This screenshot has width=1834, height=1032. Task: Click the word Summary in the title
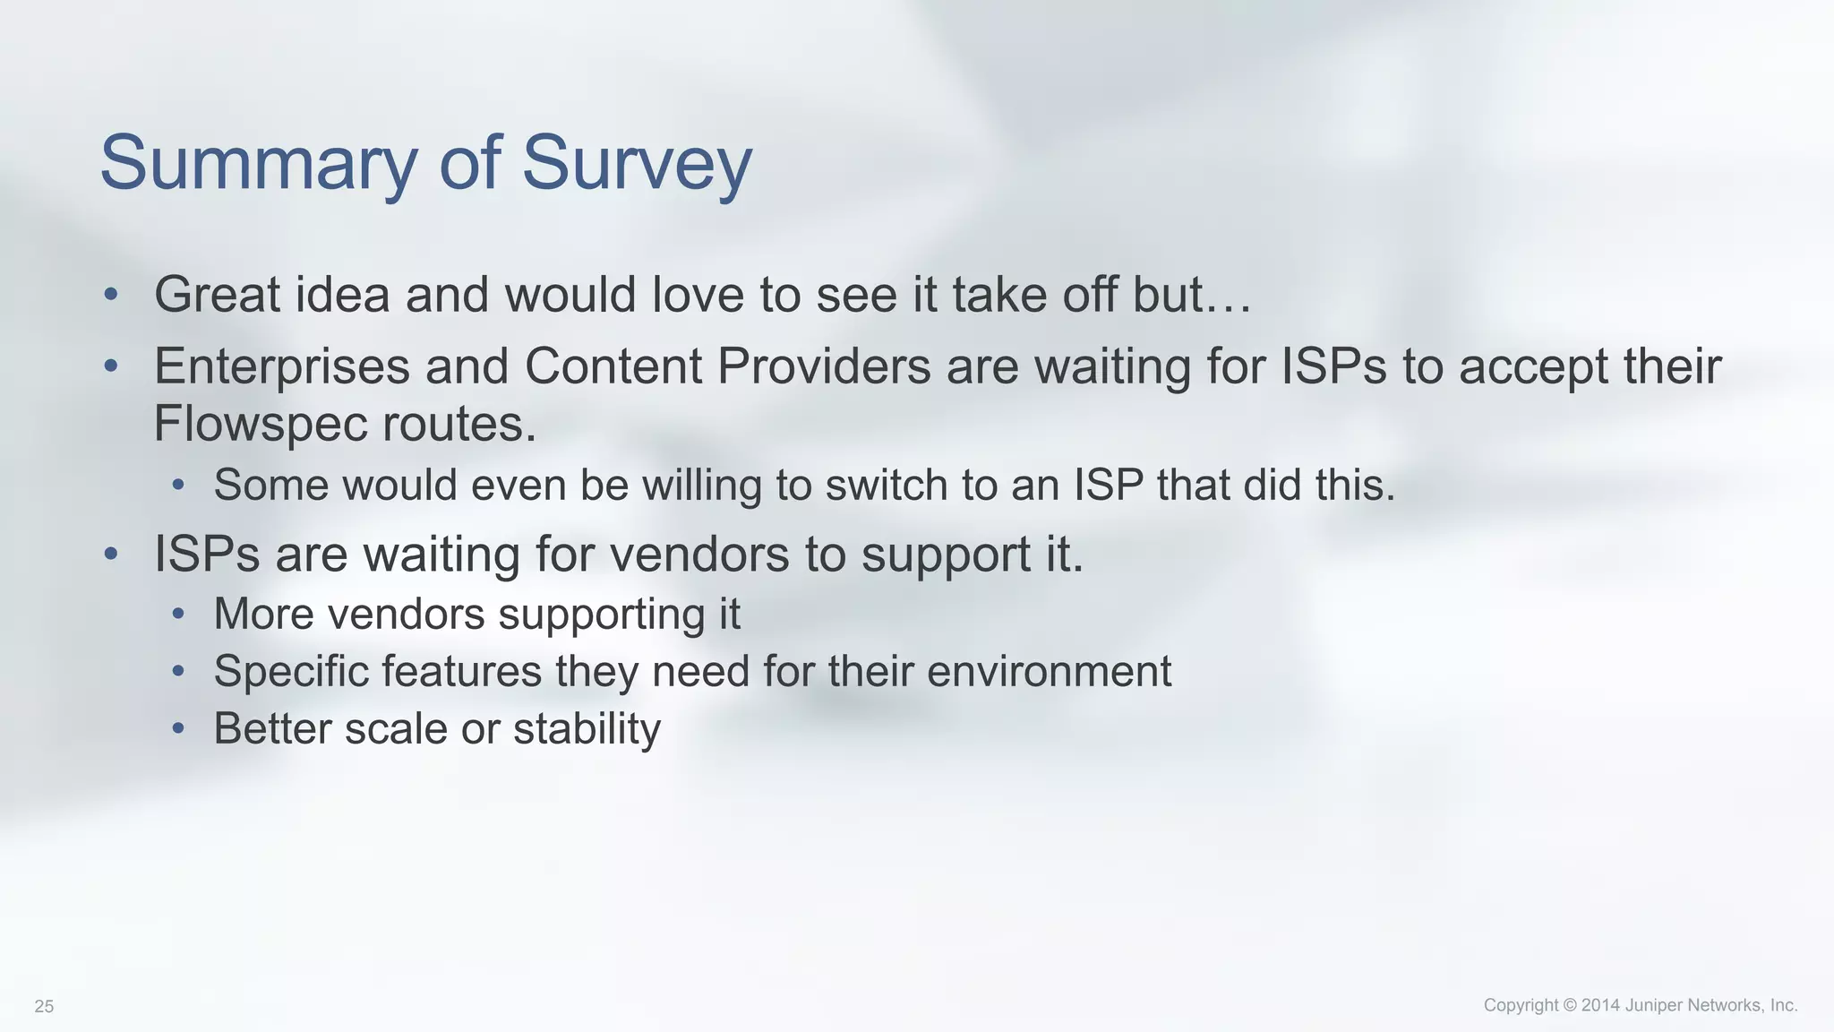tap(259, 163)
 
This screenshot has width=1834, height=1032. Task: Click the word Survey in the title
tap(637, 163)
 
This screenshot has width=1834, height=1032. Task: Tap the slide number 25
tap(44, 1007)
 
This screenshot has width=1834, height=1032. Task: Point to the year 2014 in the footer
tap(1601, 1005)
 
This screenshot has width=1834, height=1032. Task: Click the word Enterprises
tap(281, 366)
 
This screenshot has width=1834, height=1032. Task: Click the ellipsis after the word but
tap(1228, 295)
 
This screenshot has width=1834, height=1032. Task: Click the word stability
tap(587, 728)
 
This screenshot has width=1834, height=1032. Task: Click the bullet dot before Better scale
tap(178, 728)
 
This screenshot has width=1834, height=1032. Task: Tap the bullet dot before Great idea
tap(110, 295)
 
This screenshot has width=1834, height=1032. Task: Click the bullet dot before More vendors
tap(178, 614)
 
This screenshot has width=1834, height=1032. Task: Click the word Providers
tap(824, 366)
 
